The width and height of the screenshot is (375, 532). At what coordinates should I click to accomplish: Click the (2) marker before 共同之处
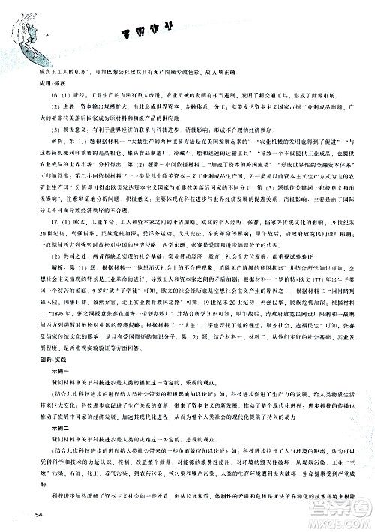coord(43,255)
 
